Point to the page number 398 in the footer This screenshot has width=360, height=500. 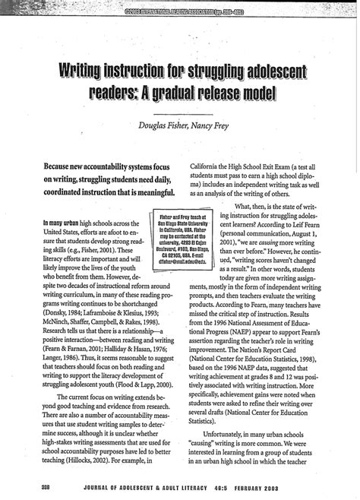(x=30, y=485)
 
